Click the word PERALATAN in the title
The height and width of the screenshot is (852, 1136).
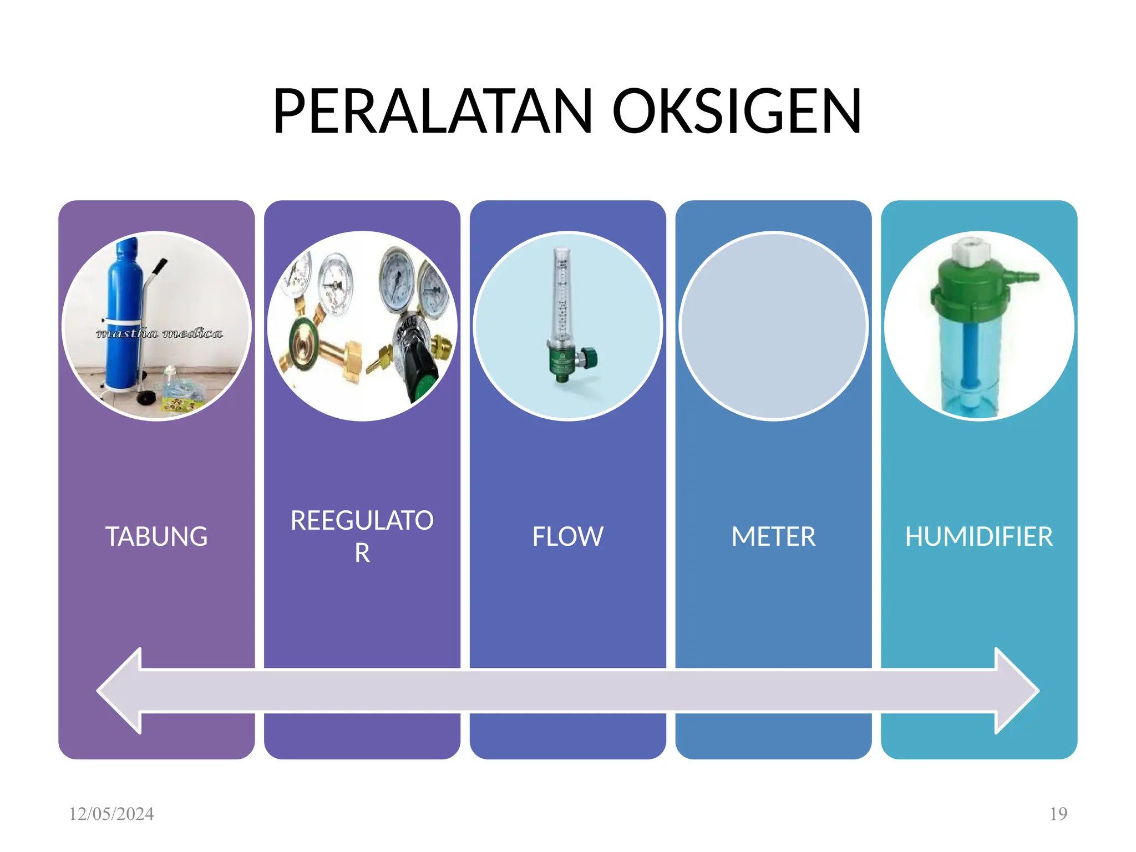tap(433, 112)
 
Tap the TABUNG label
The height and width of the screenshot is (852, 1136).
tap(156, 536)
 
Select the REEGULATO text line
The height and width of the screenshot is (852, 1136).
tap(362, 520)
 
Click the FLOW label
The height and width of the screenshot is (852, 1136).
tap(567, 536)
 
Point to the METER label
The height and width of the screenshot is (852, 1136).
tap(773, 536)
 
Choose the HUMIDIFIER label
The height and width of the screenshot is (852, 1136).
tap(978, 536)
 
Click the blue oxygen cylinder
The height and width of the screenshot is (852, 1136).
tap(123, 300)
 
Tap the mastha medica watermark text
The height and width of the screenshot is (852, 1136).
tap(159, 333)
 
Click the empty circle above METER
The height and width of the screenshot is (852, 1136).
tap(773, 326)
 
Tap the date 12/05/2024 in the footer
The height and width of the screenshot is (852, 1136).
tap(111, 814)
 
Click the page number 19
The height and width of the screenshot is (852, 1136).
tap(1058, 814)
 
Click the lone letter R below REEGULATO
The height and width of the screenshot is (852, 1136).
tap(362, 553)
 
